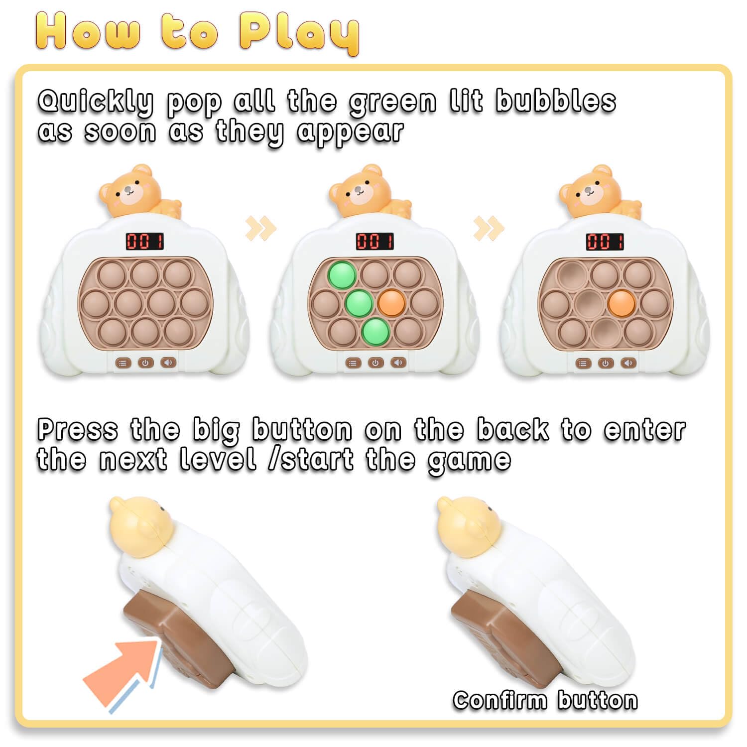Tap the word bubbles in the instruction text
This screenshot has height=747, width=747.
click(556, 101)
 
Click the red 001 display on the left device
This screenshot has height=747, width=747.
click(145, 242)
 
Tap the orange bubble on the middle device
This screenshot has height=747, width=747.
click(391, 302)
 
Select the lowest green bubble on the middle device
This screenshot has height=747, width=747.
click(375, 331)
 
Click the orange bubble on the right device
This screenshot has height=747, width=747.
click(622, 302)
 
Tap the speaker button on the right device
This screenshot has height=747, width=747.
click(628, 363)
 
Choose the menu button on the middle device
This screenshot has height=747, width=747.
click(353, 363)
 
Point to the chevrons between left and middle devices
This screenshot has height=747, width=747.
click(260, 228)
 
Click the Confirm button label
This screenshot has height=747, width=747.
click(545, 700)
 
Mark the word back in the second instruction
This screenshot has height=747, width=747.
click(513, 429)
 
